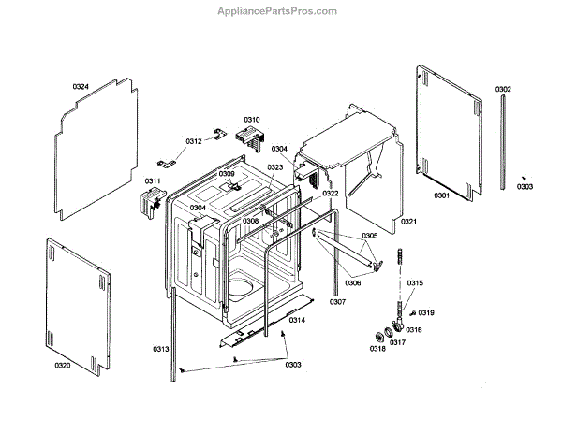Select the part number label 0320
pos(62,365)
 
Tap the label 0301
pos(441,195)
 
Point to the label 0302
pos(503,90)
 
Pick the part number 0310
pos(252,120)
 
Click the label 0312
pos(193,141)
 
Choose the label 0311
pos(152,180)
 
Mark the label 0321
pos(408,222)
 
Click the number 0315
pos(415,283)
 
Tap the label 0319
pos(426,312)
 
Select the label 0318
pos(377,348)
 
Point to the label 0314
pos(296,320)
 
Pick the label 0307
pos(337,301)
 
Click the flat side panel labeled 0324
pos(94,150)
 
